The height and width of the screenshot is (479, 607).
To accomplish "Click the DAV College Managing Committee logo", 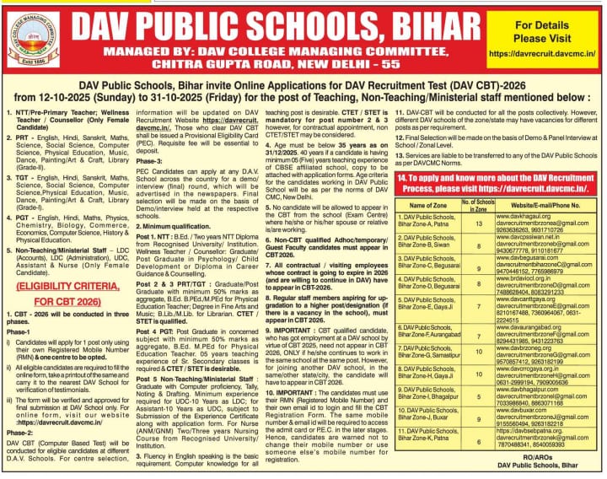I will coord(34,39).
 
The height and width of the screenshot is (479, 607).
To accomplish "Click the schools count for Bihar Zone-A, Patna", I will coord(479,223).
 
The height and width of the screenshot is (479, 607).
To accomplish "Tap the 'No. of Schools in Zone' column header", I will coord(479,205).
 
